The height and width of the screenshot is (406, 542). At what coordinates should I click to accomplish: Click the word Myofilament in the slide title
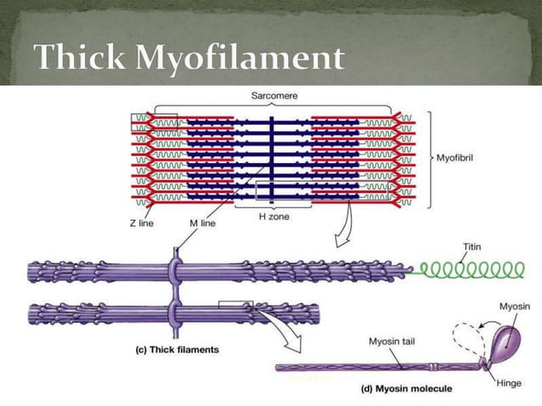click(237, 59)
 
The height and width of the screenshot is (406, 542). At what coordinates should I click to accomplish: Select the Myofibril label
click(460, 158)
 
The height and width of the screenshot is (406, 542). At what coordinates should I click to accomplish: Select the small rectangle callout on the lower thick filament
click(234, 303)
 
